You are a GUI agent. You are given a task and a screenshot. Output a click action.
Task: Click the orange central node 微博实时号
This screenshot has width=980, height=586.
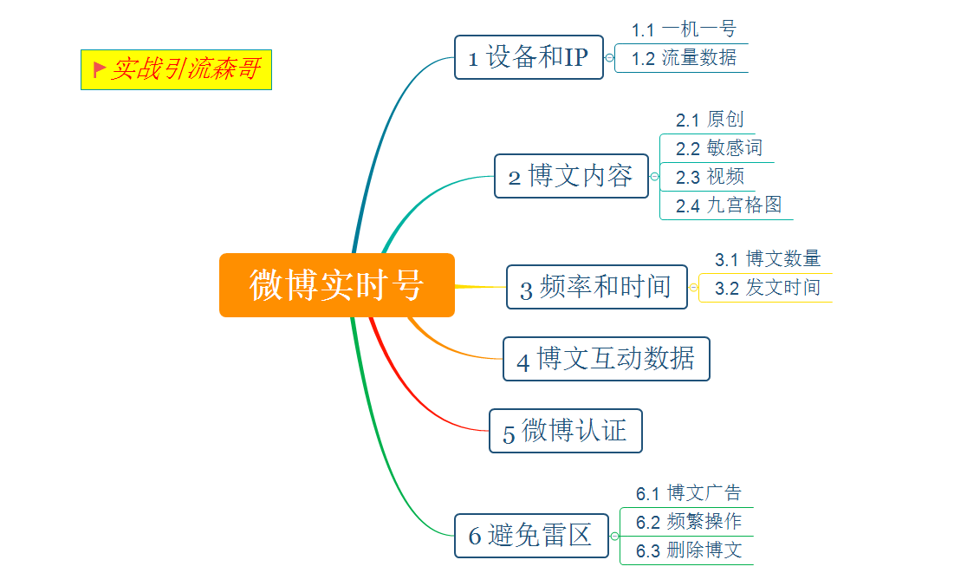click(x=337, y=285)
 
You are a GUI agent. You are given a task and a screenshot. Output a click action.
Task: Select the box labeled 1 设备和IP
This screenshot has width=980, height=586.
click(x=529, y=57)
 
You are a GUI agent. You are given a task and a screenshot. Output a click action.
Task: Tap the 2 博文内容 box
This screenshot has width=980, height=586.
click(x=571, y=176)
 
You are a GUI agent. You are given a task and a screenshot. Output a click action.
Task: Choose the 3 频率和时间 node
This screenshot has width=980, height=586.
click(x=597, y=287)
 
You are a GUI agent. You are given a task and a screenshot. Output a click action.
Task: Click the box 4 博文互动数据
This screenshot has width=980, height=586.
click(x=607, y=359)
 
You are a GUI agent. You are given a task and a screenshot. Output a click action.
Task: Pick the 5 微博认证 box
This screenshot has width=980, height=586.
click(x=566, y=431)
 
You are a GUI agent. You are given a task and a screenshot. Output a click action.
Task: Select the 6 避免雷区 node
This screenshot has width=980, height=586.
click(x=531, y=536)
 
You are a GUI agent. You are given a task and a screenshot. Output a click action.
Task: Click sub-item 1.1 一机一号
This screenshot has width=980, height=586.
click(x=684, y=29)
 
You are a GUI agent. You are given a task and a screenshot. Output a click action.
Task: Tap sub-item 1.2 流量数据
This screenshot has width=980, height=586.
click(x=684, y=58)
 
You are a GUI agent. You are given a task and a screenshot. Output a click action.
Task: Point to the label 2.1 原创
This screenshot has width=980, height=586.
click(x=710, y=120)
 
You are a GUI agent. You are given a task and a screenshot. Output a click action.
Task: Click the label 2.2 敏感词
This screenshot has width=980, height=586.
click(x=719, y=148)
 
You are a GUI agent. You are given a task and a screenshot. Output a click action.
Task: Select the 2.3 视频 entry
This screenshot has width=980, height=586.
click(x=710, y=177)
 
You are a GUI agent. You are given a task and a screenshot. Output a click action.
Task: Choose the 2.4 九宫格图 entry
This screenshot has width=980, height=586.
click(x=729, y=205)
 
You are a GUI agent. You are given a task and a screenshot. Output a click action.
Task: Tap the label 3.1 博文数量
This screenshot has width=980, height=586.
click(x=768, y=259)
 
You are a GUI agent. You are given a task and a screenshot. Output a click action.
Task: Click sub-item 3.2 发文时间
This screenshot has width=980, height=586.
click(x=768, y=288)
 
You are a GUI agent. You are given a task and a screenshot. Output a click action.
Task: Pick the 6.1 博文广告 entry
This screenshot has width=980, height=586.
click(x=689, y=493)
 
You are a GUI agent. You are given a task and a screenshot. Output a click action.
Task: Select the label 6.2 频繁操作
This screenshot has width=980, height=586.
click(x=689, y=522)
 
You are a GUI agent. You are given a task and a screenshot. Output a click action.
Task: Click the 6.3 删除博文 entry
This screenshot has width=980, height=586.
click(x=689, y=550)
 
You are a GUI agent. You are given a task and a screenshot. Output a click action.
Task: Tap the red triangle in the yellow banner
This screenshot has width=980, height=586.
click(x=99, y=68)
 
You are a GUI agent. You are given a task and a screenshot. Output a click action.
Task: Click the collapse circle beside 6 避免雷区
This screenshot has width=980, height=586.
click(x=614, y=536)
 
